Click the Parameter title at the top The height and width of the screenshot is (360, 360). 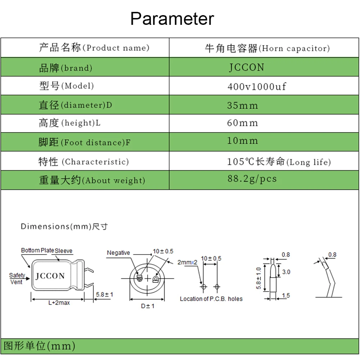click(172, 19)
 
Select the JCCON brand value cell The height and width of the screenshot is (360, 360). click(247, 67)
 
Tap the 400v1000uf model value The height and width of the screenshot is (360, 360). click(257, 86)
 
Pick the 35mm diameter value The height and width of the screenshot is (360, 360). click(243, 105)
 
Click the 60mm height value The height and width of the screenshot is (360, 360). click(243, 123)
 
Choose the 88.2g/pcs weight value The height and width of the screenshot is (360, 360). click(252, 179)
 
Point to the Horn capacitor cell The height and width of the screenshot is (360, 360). click(267, 48)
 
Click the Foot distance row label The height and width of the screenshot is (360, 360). click(84, 143)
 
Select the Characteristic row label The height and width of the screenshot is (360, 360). click(84, 162)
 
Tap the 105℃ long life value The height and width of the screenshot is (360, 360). click(279, 162)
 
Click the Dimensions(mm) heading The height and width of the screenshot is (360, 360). click(64, 226)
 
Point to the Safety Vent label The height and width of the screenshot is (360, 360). click(17, 279)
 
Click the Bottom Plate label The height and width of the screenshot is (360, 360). click(37, 251)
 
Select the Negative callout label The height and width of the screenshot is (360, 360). click(118, 253)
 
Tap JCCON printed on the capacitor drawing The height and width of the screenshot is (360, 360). click(50, 276)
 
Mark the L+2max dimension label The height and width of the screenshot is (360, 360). click(59, 303)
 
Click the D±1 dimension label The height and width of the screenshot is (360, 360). click(148, 306)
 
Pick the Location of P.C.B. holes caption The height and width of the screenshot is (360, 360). click(211, 299)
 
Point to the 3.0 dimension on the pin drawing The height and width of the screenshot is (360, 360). click(286, 272)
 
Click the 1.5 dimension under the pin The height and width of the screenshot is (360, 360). click(286, 296)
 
